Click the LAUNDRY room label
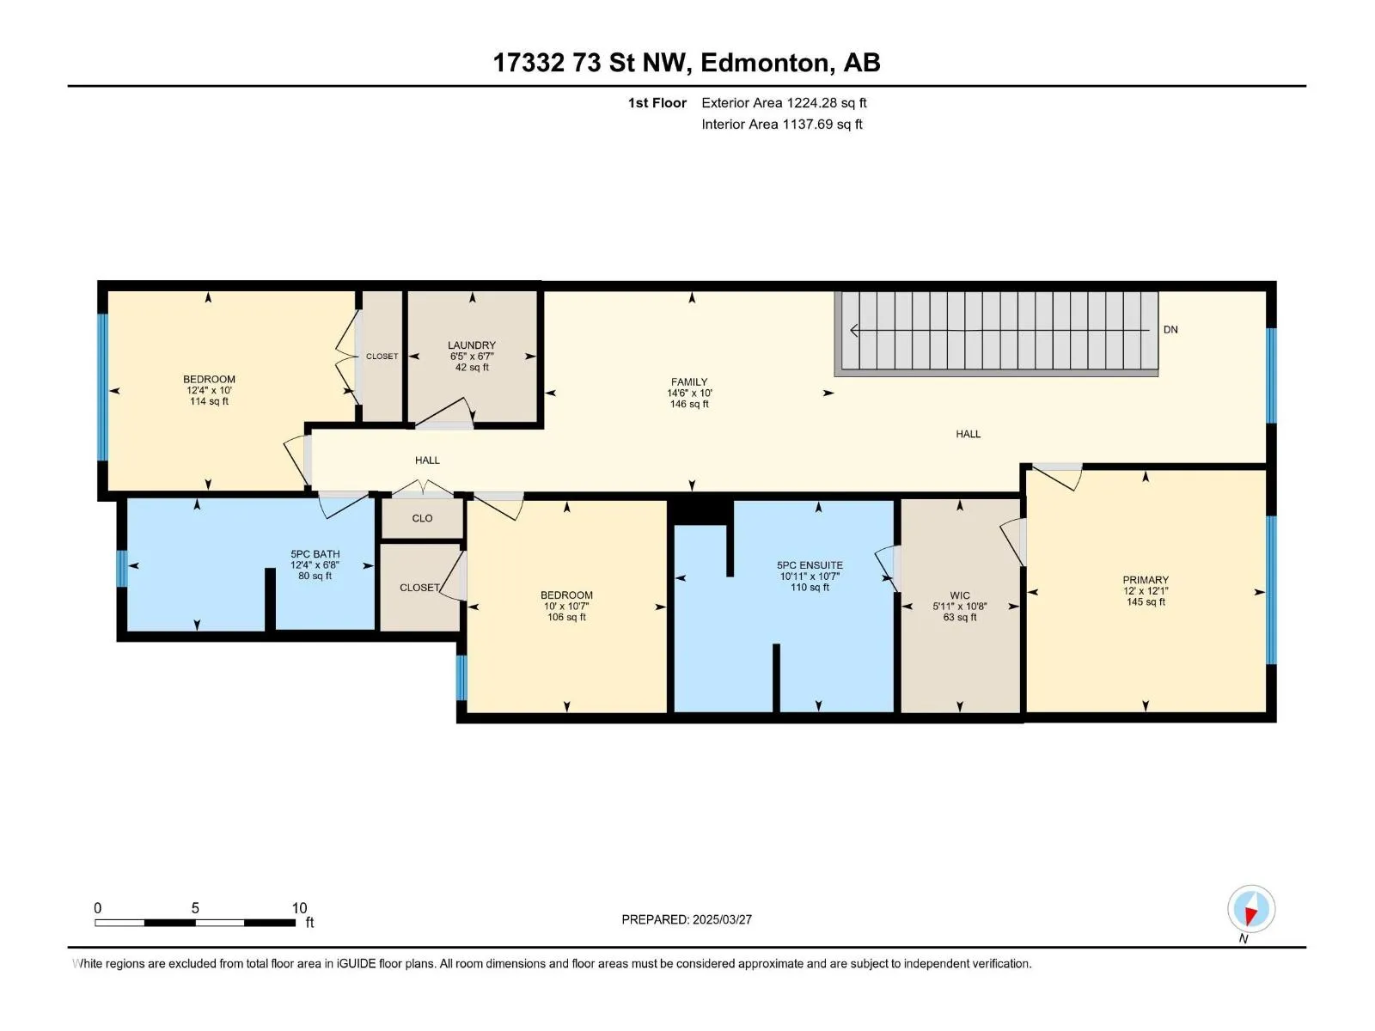tap(471, 345)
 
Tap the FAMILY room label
tap(688, 381)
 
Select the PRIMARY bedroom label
tap(1145, 580)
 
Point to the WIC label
tap(959, 595)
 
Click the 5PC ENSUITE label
tap(810, 565)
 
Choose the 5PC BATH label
tap(315, 554)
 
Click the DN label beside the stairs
tap(1170, 329)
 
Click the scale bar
tap(195, 923)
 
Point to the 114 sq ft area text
tap(209, 401)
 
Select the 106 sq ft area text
tap(566, 617)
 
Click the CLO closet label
tap(422, 518)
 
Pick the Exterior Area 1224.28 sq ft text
tap(784, 103)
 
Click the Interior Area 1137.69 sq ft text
tap(782, 125)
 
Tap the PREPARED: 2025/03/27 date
tap(687, 919)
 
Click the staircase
tap(995, 333)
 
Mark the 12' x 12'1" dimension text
tap(1145, 591)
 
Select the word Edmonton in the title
tap(767, 64)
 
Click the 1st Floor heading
tap(657, 103)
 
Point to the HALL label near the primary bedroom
tap(968, 434)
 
